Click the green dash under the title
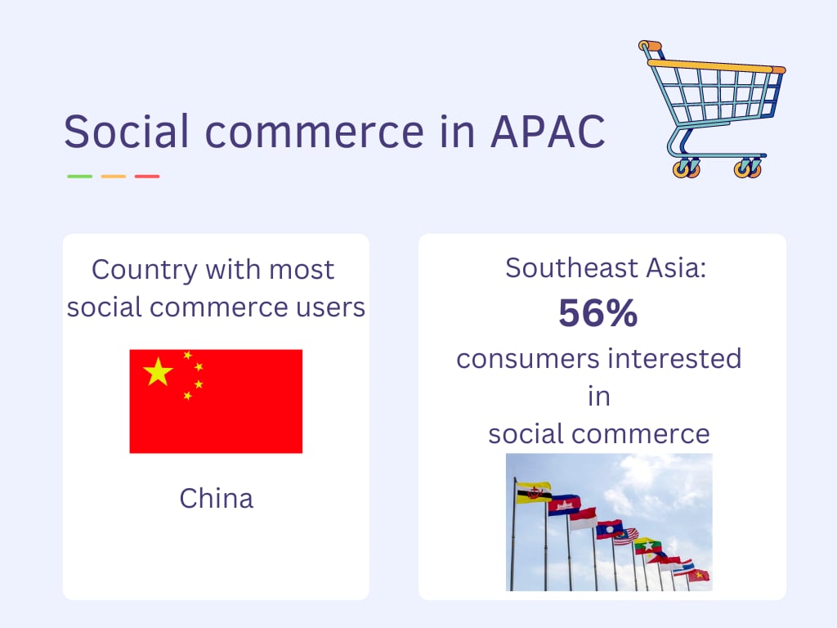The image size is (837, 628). [x=79, y=176]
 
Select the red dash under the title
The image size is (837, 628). [x=147, y=176]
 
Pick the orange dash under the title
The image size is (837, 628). [x=114, y=176]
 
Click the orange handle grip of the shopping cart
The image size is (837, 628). [x=650, y=46]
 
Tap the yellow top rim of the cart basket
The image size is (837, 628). [x=719, y=67]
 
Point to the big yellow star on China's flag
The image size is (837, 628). [x=158, y=372]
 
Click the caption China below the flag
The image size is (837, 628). [x=217, y=498]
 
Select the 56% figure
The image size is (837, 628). [x=598, y=314]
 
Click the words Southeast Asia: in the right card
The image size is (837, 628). [x=606, y=267]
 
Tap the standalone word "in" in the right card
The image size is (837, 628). [x=598, y=396]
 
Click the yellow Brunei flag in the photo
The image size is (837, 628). [x=533, y=491]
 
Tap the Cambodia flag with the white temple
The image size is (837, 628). [x=564, y=505]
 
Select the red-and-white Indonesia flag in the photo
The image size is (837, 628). [x=583, y=518]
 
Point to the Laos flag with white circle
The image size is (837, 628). [x=609, y=529]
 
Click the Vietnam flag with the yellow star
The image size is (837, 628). [x=698, y=575]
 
